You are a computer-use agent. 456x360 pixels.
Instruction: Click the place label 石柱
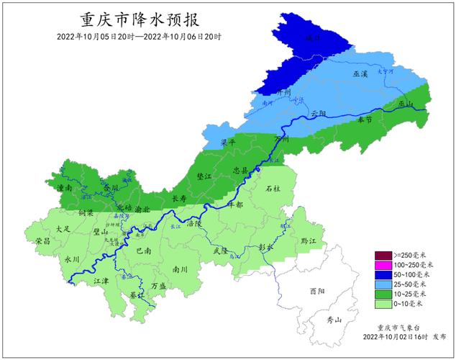(273, 189)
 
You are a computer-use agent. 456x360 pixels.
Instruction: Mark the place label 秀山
(332, 319)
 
